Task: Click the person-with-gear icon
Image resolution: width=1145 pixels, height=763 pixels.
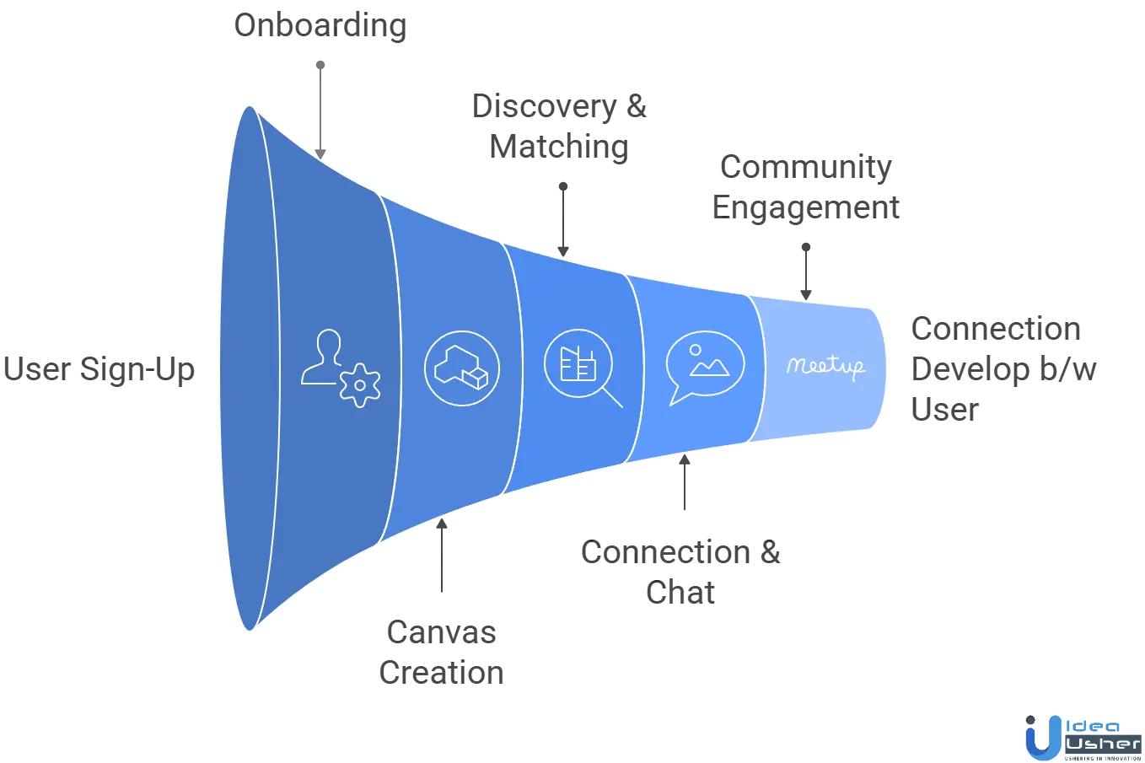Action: pyautogui.click(x=341, y=368)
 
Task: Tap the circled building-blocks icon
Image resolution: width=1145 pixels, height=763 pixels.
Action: pyautogui.click(x=461, y=369)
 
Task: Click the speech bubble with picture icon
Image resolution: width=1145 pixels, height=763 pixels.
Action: pyautogui.click(x=705, y=368)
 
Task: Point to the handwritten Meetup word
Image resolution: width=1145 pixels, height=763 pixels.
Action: pyautogui.click(x=825, y=367)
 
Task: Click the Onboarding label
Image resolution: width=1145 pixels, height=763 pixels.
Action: pyautogui.click(x=320, y=24)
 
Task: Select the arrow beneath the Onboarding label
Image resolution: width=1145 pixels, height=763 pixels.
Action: pyautogui.click(x=320, y=105)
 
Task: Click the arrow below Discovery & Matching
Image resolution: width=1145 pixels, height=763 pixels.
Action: pyautogui.click(x=563, y=216)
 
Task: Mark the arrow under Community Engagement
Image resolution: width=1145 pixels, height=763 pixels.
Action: pyautogui.click(x=807, y=268)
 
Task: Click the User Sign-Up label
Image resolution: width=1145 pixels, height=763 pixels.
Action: pyautogui.click(x=98, y=369)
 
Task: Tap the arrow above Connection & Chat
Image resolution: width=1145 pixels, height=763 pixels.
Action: pyautogui.click(x=685, y=484)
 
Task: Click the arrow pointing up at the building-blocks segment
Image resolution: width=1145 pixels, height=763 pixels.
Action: pyautogui.click(x=441, y=556)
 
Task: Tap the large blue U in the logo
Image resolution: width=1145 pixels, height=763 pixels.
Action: pyautogui.click(x=1035, y=736)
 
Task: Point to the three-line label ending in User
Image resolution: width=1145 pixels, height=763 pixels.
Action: pyautogui.click(x=1003, y=368)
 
